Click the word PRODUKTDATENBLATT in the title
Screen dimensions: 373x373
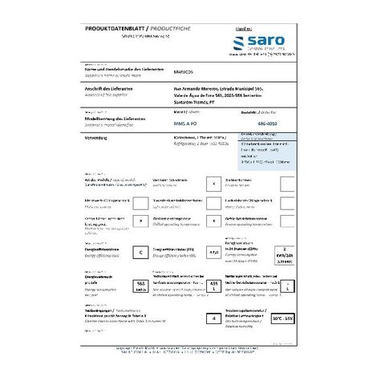[x=111, y=29]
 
